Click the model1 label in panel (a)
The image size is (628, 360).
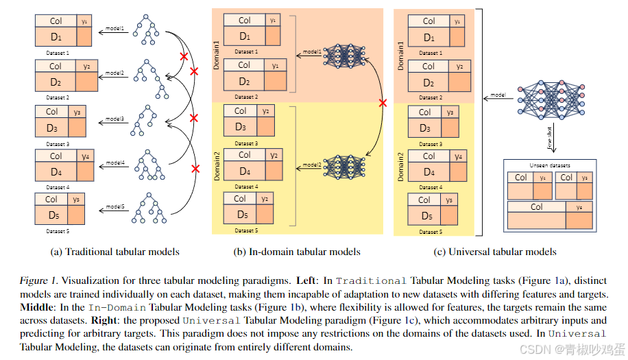(x=115, y=29)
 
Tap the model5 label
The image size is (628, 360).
(x=114, y=206)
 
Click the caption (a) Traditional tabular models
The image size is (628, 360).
(x=115, y=252)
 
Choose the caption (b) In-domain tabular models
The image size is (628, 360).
(x=297, y=252)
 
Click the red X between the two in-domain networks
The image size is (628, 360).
(x=383, y=103)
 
